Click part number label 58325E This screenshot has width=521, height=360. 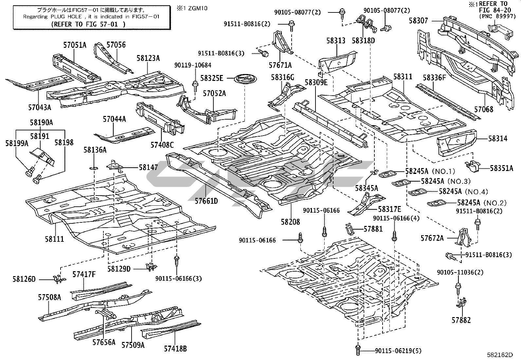point(211,78)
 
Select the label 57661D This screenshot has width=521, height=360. point(206,201)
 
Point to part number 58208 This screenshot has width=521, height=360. point(290,222)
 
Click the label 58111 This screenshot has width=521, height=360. point(54,239)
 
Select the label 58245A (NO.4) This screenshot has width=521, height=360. point(463,191)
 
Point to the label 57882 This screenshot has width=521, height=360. point(461,320)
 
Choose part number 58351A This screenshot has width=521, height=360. point(501,168)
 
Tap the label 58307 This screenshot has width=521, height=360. point(418,20)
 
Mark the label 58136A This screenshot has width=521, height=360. point(95,150)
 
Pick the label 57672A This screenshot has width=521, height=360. point(432,238)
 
